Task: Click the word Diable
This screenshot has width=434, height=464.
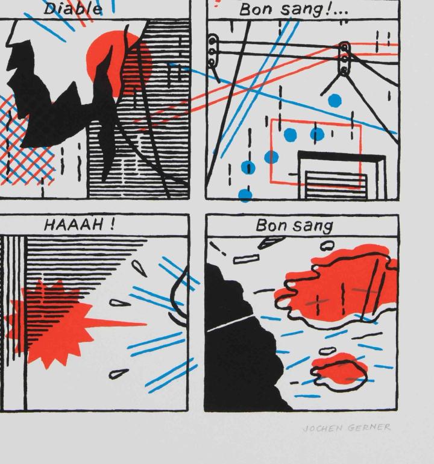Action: (73, 9)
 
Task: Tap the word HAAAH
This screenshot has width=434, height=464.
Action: (74, 226)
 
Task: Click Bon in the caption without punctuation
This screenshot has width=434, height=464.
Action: (272, 226)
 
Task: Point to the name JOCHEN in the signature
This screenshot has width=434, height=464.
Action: (322, 428)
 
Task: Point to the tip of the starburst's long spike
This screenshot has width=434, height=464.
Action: (146, 324)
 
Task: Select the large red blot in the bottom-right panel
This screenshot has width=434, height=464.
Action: (338, 290)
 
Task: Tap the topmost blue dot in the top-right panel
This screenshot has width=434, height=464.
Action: (335, 100)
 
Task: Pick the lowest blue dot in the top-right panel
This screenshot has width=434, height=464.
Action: (245, 195)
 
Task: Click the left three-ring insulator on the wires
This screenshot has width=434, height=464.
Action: (213, 52)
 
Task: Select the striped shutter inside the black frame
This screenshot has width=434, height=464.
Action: (336, 185)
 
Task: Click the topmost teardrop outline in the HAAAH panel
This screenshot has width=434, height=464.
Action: (139, 268)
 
